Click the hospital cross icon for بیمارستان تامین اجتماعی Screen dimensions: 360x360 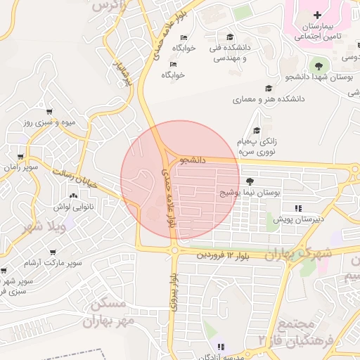317,15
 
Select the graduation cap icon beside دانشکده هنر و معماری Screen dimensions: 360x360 268,88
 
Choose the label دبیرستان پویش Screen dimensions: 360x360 298,219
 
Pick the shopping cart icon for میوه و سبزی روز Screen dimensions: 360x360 49,112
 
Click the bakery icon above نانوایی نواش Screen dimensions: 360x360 73,195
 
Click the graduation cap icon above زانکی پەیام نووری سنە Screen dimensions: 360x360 257,130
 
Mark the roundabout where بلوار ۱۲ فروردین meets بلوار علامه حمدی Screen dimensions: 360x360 174,250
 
